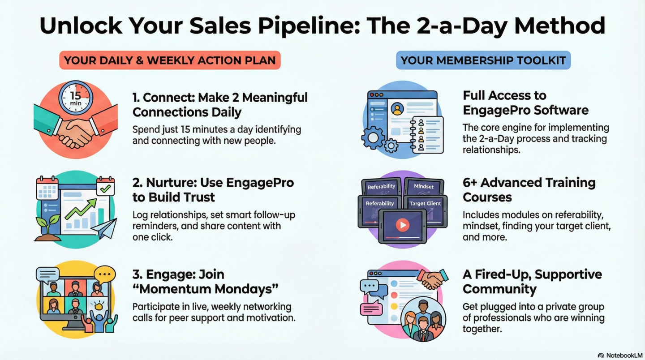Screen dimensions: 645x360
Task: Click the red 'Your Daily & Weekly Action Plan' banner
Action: point(170,60)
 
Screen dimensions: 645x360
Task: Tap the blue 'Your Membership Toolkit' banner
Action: point(483,60)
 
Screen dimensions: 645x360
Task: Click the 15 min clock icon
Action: point(76,97)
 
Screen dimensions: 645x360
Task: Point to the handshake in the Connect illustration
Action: point(76,131)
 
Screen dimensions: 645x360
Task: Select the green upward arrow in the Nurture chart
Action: point(81,209)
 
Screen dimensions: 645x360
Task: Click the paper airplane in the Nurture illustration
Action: point(104,229)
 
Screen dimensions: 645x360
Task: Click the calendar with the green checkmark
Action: point(105,186)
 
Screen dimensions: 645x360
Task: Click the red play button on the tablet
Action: point(403,225)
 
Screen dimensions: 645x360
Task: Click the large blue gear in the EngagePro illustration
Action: point(373,138)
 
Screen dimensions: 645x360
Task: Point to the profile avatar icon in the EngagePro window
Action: point(397,109)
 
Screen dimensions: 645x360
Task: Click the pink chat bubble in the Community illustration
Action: point(371,308)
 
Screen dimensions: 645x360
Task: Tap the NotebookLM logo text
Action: point(624,356)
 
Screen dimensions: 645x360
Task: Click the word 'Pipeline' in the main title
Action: point(309,26)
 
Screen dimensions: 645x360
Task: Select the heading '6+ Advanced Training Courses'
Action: point(529,190)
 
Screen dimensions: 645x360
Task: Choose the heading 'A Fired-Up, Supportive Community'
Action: point(532,282)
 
